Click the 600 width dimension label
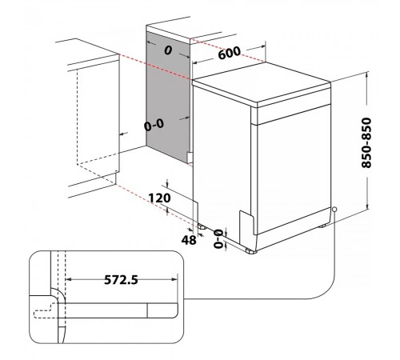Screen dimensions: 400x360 (229, 53)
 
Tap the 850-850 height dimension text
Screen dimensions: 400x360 (366, 142)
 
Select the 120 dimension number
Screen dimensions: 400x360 (159, 198)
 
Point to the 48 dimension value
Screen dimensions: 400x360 (189, 240)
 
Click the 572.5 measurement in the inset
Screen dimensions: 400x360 (121, 280)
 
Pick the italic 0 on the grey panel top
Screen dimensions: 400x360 (168, 50)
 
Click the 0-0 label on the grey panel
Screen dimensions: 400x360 (154, 125)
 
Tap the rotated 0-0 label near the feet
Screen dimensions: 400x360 (218, 238)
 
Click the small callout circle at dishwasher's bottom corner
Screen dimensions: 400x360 (334, 210)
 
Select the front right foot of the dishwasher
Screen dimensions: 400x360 (251, 251)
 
